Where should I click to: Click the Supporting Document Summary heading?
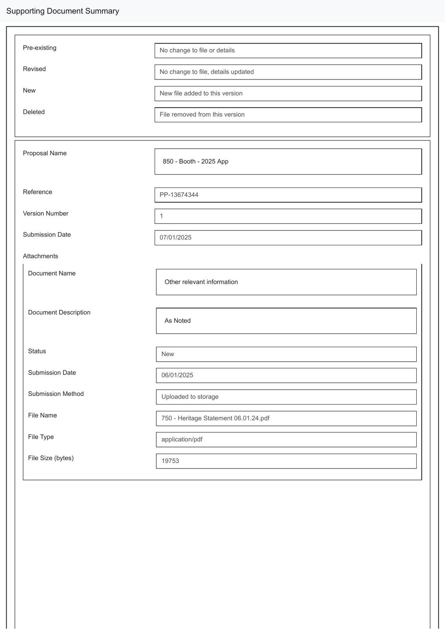(63, 11)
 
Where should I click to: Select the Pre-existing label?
(39, 48)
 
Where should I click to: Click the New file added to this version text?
(201, 94)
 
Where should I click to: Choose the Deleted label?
(34, 112)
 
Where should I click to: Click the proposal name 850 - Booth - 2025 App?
(196, 162)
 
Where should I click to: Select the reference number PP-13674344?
(179, 195)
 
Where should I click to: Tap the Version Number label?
(46, 213)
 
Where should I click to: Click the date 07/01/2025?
(175, 237)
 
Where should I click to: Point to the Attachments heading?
(41, 256)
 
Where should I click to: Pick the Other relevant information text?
(201, 282)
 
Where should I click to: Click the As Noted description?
(177, 321)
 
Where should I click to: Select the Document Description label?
(59, 313)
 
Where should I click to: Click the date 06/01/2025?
(177, 375)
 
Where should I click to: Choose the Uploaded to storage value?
(190, 397)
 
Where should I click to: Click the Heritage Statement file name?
(215, 418)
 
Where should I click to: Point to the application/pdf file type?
(182, 440)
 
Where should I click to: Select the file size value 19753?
(170, 461)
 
